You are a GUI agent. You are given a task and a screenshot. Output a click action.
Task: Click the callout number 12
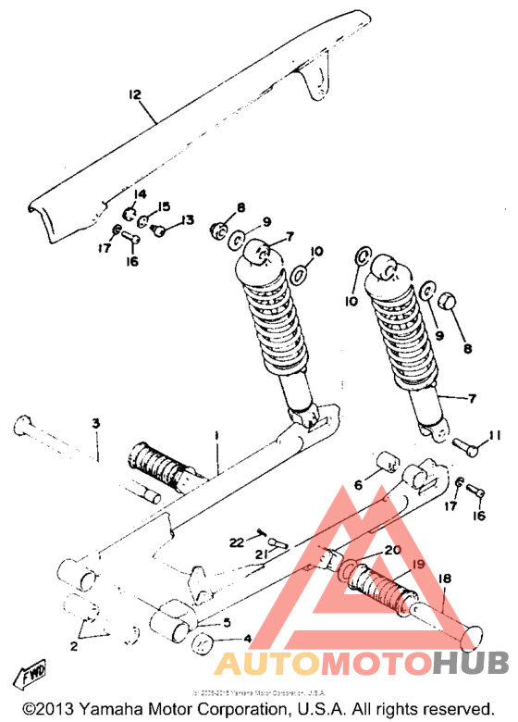pos(134,94)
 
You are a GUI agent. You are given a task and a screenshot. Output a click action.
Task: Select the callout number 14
pos(141,193)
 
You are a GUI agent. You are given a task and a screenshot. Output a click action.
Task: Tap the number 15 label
pos(165,205)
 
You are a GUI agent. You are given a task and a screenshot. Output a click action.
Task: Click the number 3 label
pos(95,423)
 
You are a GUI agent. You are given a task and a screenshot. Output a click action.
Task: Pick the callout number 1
pos(216,435)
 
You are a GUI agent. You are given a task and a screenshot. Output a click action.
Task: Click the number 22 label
pos(237,541)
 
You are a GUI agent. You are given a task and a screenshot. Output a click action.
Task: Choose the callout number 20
pos(392,550)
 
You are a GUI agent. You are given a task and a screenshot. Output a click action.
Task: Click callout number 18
pos(445,579)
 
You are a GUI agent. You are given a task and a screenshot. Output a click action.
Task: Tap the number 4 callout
pos(247,638)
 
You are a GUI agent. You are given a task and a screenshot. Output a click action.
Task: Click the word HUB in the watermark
pos(469,663)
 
